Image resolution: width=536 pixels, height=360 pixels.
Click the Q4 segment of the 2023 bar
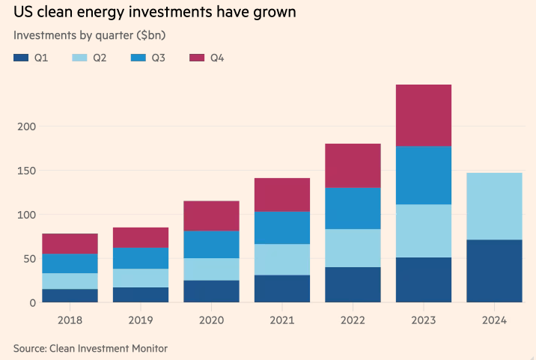(423, 115)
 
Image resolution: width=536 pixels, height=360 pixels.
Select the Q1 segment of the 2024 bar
(494, 271)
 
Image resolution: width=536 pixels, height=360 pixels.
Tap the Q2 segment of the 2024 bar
(494, 206)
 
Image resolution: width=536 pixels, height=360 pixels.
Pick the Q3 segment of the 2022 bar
(353, 208)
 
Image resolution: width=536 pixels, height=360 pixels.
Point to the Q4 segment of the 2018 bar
(70, 243)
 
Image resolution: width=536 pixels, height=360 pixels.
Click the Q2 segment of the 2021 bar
(282, 260)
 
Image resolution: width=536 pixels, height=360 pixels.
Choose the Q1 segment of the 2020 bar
(211, 291)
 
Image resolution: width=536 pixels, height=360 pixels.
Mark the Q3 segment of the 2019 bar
(141, 258)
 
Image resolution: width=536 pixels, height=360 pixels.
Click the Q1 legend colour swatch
(21, 58)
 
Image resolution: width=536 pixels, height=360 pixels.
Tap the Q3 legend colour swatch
(137, 58)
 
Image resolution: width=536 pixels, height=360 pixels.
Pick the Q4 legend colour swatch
(196, 58)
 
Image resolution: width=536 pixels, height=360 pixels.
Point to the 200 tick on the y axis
(25, 126)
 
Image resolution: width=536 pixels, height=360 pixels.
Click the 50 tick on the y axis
(28, 258)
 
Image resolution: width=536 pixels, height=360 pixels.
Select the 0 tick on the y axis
(32, 302)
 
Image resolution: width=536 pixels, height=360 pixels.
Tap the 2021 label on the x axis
(282, 320)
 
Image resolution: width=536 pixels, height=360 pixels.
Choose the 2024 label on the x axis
(494, 320)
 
